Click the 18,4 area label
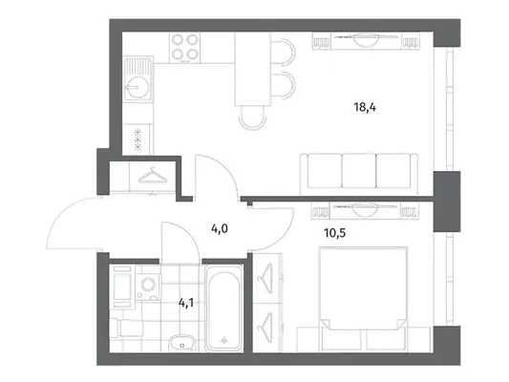pyautogui.click(x=365, y=107)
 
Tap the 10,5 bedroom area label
pyautogui.click(x=334, y=233)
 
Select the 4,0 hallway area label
pyautogui.click(x=220, y=229)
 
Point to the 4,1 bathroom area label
pyautogui.click(x=186, y=303)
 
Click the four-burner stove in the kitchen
pyautogui.click(x=184, y=48)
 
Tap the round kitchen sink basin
pyautogui.click(x=138, y=87)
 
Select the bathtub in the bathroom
pyautogui.click(x=224, y=308)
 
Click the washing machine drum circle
pyautogui.click(x=147, y=285)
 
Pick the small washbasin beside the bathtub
pyautogui.click(x=182, y=343)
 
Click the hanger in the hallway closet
pyautogui.click(x=152, y=176)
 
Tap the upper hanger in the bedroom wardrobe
pyautogui.click(x=265, y=278)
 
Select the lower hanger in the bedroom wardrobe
pyautogui.click(x=265, y=328)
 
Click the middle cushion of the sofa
pyautogui.click(x=359, y=171)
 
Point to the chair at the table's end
pyautogui.click(x=252, y=118)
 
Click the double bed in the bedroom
pyautogui.click(x=363, y=299)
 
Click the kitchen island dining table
pyautogui.click(x=252, y=69)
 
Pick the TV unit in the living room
pyautogui.click(x=366, y=41)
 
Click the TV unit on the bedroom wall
pyautogui.click(x=365, y=210)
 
